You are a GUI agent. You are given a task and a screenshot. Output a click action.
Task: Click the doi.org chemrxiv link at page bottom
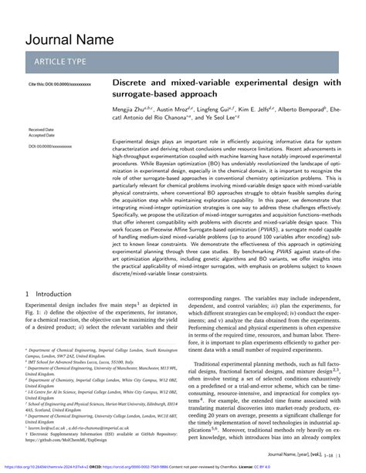click(51, 467)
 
